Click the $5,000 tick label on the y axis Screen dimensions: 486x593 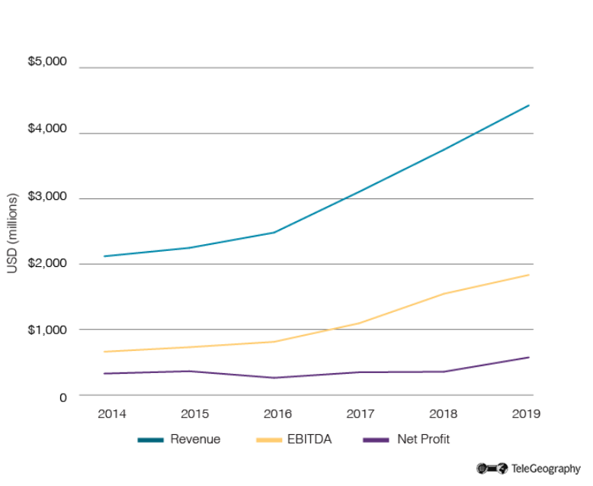click(47, 61)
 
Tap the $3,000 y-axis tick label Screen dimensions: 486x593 click(47, 196)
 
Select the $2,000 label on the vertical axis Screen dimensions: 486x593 click(47, 263)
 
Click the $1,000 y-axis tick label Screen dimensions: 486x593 click(47, 330)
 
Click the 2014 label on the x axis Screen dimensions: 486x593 click(111, 414)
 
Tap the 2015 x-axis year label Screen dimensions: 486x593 click(194, 414)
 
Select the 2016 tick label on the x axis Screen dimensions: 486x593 click(277, 414)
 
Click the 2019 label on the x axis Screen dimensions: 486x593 click(526, 414)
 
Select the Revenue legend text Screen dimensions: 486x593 click(195, 439)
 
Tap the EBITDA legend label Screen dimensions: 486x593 click(311, 439)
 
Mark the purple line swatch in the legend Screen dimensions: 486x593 click(376, 440)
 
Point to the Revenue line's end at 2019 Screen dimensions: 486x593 click(529, 105)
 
